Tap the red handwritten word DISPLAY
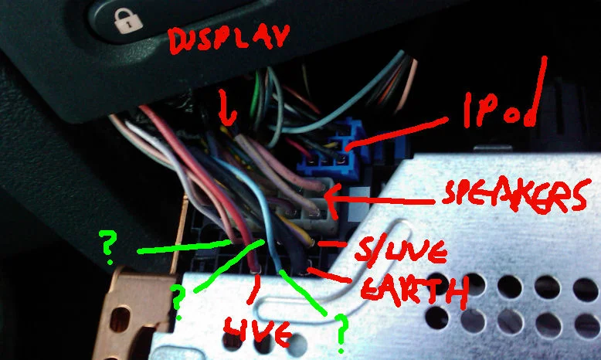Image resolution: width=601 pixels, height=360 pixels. click(x=229, y=39)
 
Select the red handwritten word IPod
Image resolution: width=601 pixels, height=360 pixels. click(x=501, y=109)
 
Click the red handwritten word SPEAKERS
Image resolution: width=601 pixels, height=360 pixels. click(x=514, y=196)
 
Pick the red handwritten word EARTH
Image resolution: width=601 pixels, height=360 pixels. click(x=414, y=290)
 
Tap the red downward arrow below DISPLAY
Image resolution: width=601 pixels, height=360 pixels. click(x=228, y=108)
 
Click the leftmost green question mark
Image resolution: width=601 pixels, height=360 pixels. click(x=107, y=246)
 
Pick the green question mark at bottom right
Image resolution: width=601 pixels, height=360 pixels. click(x=341, y=333)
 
